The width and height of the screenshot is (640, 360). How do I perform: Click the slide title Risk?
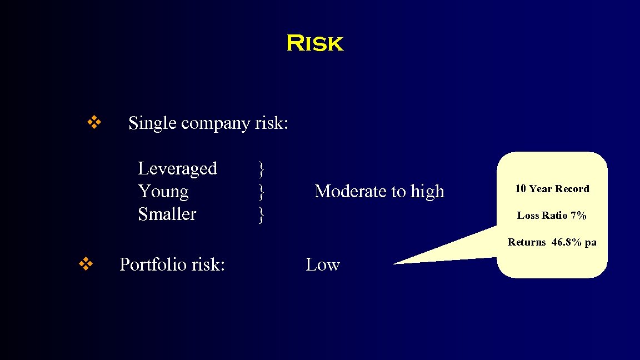[315, 43]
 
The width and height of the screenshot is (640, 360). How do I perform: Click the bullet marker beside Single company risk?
[93, 122]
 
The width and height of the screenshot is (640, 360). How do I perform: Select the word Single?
[153, 123]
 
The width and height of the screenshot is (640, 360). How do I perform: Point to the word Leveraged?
[177, 168]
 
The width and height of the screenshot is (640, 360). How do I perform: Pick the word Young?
[163, 192]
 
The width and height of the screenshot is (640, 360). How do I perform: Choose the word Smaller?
[167, 214]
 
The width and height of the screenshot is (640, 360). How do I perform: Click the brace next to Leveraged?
[261, 168]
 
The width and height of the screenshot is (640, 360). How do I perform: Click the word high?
[427, 192]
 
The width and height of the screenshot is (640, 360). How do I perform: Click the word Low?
[322, 265]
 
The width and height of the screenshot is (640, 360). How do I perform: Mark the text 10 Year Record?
[552, 189]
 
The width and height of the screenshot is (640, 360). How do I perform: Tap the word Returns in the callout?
[527, 242]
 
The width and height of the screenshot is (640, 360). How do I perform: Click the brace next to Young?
[261, 192]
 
